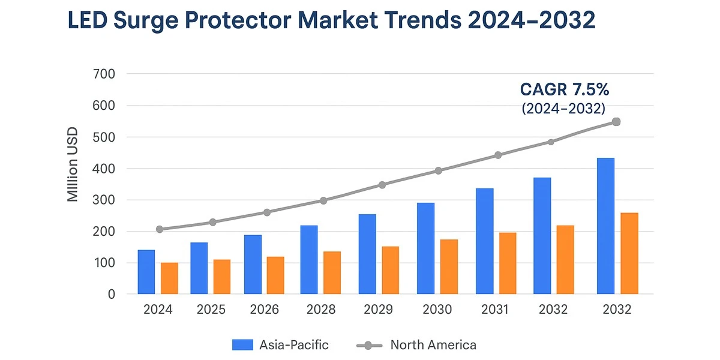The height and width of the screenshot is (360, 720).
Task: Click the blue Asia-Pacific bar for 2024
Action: point(146,272)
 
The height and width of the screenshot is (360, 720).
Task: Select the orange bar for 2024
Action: point(169,278)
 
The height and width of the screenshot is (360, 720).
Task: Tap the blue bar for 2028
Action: point(309,260)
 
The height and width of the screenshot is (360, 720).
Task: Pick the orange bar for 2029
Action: point(391,271)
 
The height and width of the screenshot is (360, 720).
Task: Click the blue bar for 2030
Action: point(425,248)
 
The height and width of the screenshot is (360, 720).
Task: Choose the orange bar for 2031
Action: point(508,263)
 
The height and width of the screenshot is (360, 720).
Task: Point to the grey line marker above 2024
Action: point(160,229)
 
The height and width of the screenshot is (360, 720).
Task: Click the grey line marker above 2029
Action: point(382,185)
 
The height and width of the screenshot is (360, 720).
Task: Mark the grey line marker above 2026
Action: point(267,212)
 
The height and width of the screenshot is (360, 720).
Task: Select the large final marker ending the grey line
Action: point(616,122)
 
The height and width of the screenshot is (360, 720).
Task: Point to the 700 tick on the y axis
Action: point(104,74)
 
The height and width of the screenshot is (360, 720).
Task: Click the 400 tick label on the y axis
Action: point(104,169)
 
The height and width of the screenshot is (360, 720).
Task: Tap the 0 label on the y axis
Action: point(112,294)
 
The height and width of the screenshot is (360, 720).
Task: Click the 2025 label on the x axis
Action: point(211,310)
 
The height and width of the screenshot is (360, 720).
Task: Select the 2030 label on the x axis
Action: point(437,310)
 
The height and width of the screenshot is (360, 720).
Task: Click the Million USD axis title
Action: point(73,164)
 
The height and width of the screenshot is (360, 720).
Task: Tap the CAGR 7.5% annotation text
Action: point(565,89)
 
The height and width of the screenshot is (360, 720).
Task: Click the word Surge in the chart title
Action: point(146,21)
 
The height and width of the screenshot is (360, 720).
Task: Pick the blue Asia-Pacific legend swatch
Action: point(242,345)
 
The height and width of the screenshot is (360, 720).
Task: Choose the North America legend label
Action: point(433,345)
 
